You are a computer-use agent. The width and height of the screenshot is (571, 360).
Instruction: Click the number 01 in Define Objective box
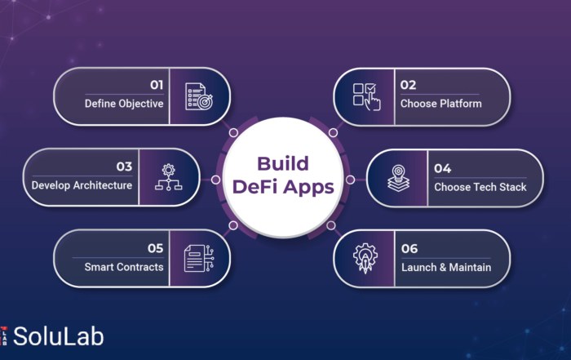coord(157,85)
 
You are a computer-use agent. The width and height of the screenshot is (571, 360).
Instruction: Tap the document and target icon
coord(199,96)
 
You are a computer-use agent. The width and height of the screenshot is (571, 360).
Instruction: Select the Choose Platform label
coord(441,104)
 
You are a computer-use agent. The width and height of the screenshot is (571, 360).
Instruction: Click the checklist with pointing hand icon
coord(367,96)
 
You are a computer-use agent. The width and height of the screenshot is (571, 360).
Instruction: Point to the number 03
coord(124,167)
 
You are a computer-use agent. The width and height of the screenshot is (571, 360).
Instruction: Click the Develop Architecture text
coord(82,185)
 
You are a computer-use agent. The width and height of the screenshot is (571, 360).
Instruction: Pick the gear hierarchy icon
coord(168,177)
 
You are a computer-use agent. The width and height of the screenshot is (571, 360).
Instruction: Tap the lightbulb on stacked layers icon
coord(398,178)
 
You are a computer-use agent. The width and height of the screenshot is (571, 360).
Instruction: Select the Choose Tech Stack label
coord(480,187)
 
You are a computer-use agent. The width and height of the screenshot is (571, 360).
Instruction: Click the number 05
coord(155,248)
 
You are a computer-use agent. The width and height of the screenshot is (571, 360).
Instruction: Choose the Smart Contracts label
coord(124,267)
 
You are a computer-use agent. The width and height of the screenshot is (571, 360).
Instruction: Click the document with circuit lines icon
coord(199,258)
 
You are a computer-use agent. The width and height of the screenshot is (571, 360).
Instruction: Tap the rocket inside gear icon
coord(365,258)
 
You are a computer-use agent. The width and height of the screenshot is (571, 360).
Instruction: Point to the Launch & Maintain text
coord(446,268)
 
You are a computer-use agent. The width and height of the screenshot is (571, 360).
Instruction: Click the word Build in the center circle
coord(283,163)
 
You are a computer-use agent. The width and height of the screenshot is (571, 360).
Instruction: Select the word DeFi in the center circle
coord(255,187)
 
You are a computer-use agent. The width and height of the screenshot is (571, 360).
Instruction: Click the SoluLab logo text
coord(58,336)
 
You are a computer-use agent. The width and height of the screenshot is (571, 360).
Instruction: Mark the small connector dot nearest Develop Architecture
coord(215,180)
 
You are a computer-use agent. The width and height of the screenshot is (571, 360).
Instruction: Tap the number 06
coord(409,249)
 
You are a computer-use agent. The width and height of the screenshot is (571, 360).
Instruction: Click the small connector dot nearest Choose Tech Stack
coord(350,180)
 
